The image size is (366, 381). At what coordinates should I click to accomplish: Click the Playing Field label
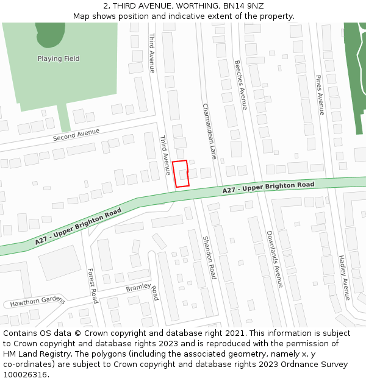(59, 59)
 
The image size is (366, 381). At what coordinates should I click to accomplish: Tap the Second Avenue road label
(76, 135)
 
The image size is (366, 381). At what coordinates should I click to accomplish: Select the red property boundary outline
(181, 174)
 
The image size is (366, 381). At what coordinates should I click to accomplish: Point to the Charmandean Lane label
(209, 131)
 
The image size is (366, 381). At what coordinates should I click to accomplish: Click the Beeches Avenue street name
(241, 85)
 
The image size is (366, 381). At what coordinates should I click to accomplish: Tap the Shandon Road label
(209, 258)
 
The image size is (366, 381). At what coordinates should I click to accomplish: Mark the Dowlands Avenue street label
(274, 259)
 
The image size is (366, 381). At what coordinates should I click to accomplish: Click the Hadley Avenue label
(343, 277)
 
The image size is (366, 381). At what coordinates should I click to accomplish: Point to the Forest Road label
(92, 286)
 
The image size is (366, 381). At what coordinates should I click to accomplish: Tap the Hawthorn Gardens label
(37, 301)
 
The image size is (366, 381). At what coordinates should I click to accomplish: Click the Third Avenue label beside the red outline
(165, 155)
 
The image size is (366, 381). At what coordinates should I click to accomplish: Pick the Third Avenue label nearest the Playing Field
(152, 53)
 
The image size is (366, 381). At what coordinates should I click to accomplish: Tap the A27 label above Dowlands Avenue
(268, 187)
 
